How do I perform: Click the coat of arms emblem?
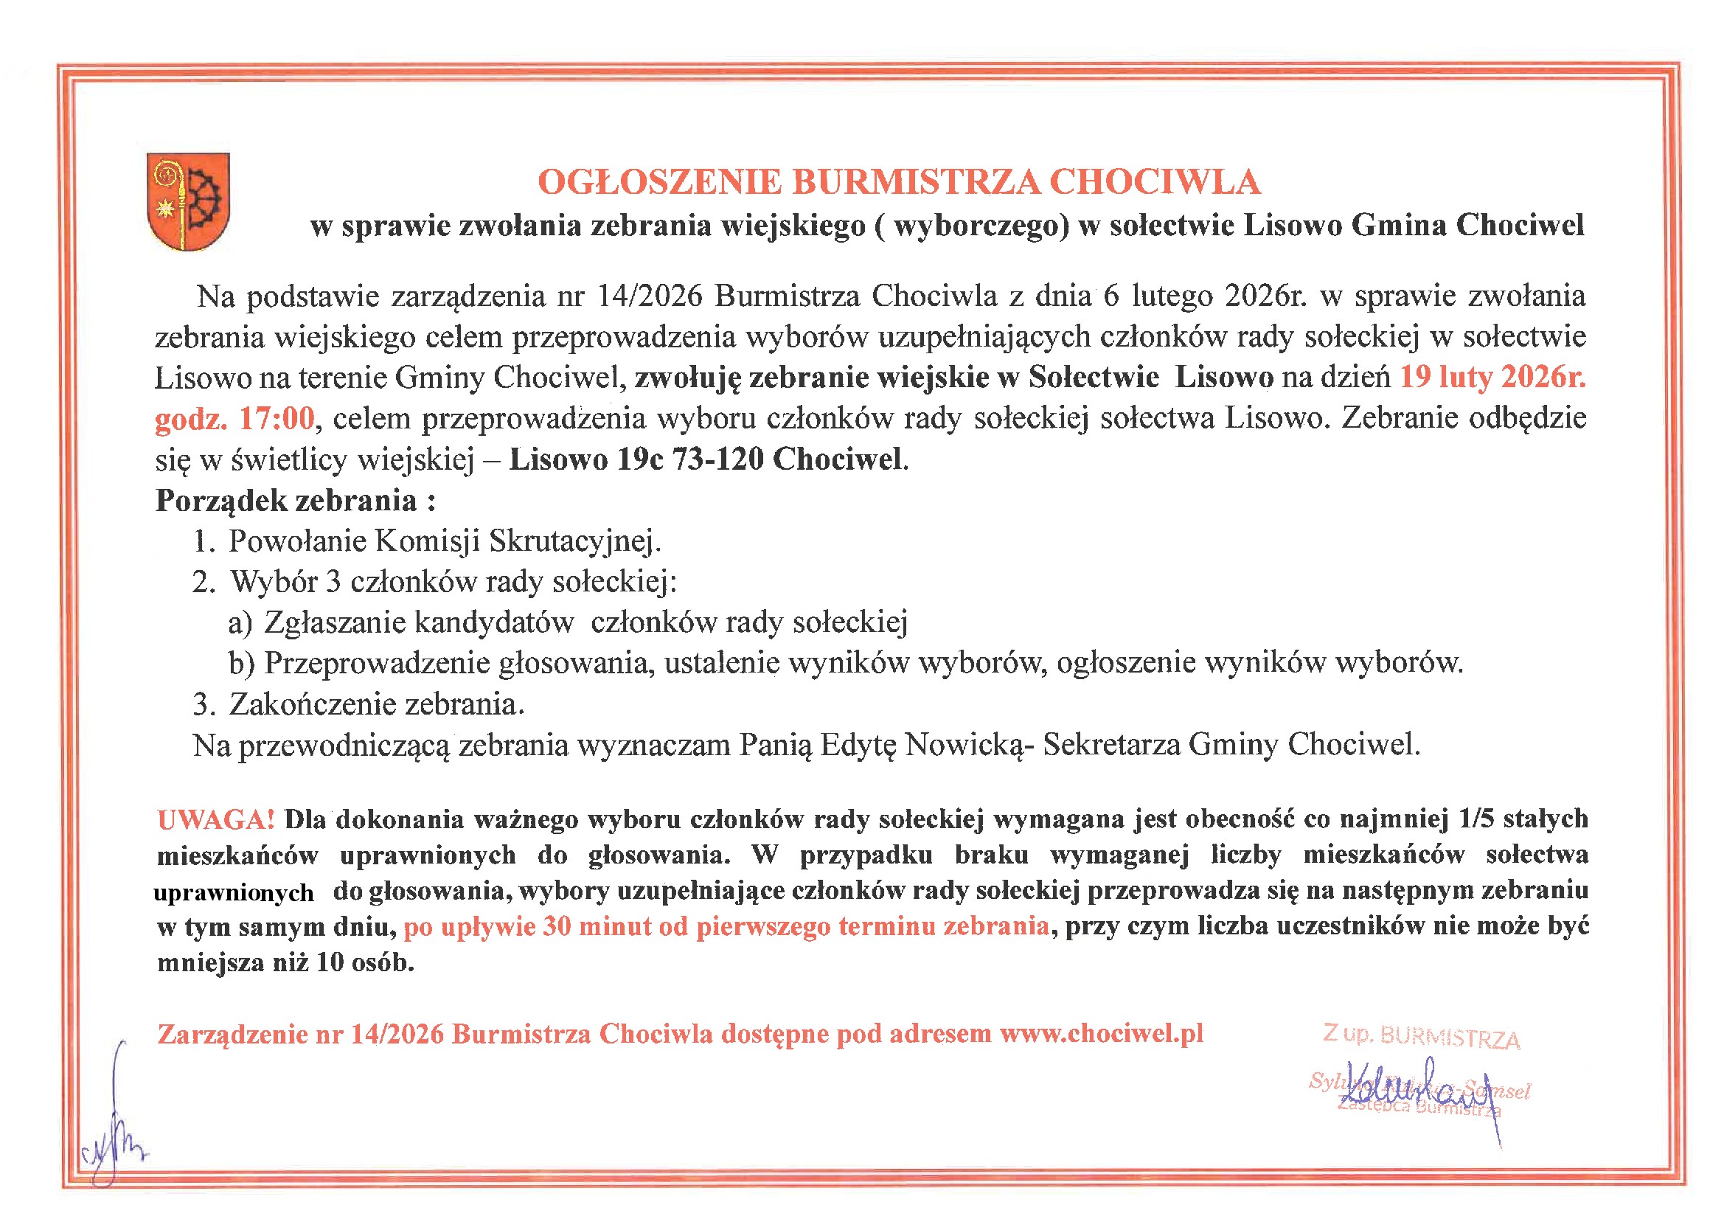188,201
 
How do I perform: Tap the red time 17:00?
277,418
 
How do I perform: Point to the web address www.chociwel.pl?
1101,1033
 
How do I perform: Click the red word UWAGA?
216,819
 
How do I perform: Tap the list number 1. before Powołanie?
204,541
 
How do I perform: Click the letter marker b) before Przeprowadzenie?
242,663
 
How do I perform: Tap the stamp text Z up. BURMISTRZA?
1421,1038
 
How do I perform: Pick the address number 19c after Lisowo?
640,459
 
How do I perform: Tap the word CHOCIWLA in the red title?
1154,182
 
